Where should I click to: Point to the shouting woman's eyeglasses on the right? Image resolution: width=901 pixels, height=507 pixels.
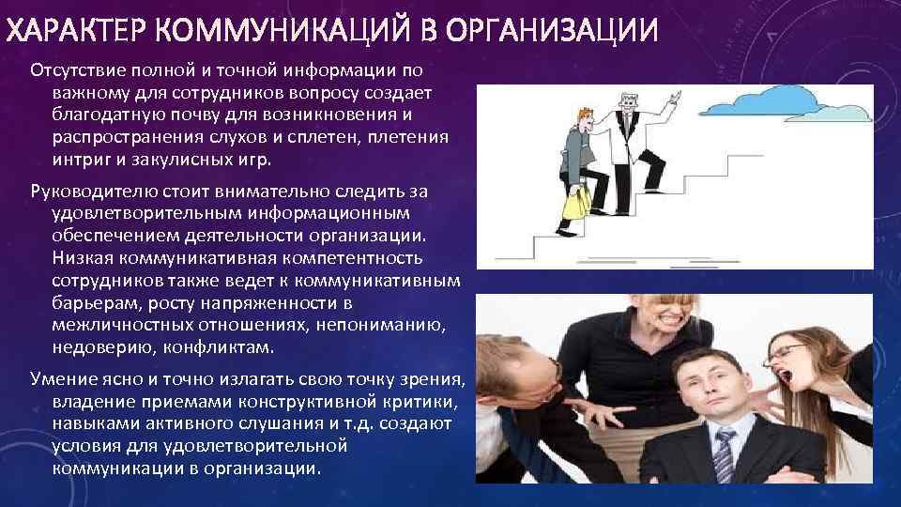click(x=786, y=353)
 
